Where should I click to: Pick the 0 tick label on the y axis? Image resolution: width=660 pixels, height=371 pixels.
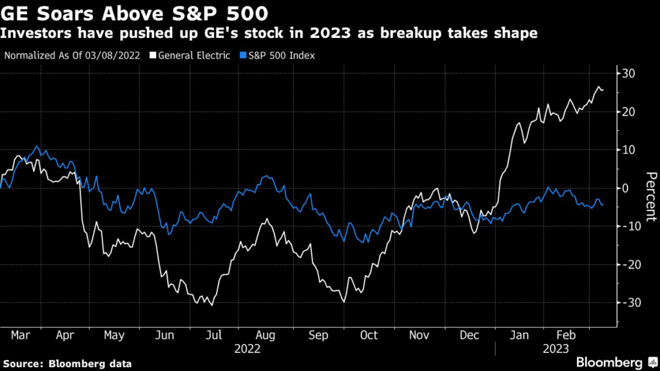[625, 188]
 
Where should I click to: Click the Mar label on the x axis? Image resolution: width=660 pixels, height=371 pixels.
[20, 336]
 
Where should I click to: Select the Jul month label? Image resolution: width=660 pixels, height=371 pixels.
[214, 336]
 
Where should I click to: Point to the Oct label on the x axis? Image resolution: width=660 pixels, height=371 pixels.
[367, 336]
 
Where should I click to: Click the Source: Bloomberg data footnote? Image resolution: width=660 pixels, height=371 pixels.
[66, 364]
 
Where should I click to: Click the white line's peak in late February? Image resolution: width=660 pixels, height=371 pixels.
[599, 86]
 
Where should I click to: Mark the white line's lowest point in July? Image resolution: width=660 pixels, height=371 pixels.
[212, 305]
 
